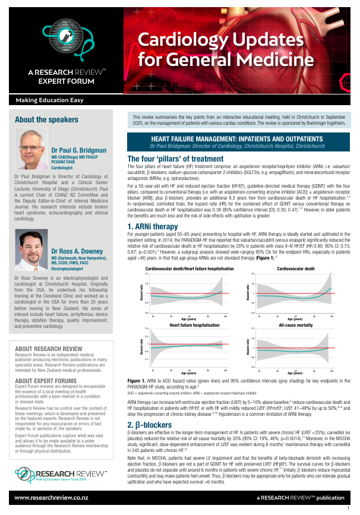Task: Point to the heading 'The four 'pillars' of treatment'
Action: pos(175,159)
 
